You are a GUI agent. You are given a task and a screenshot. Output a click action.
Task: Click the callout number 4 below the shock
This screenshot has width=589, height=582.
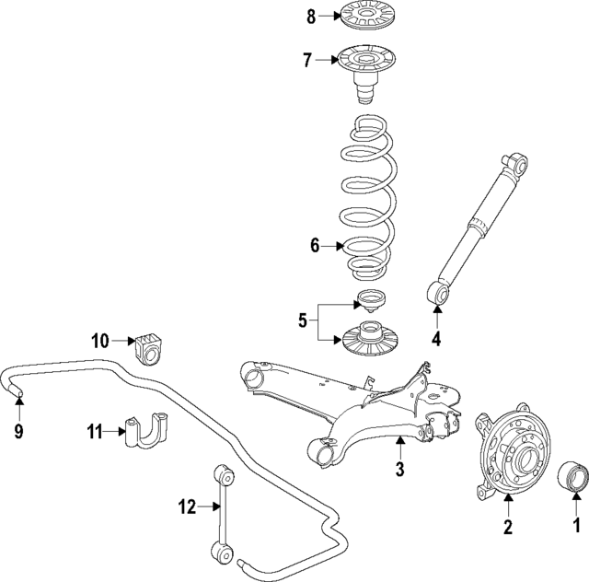436,338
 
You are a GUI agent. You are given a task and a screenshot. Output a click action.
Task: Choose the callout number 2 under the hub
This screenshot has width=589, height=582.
506,527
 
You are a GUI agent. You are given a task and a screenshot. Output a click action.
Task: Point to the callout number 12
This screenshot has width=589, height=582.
189,505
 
